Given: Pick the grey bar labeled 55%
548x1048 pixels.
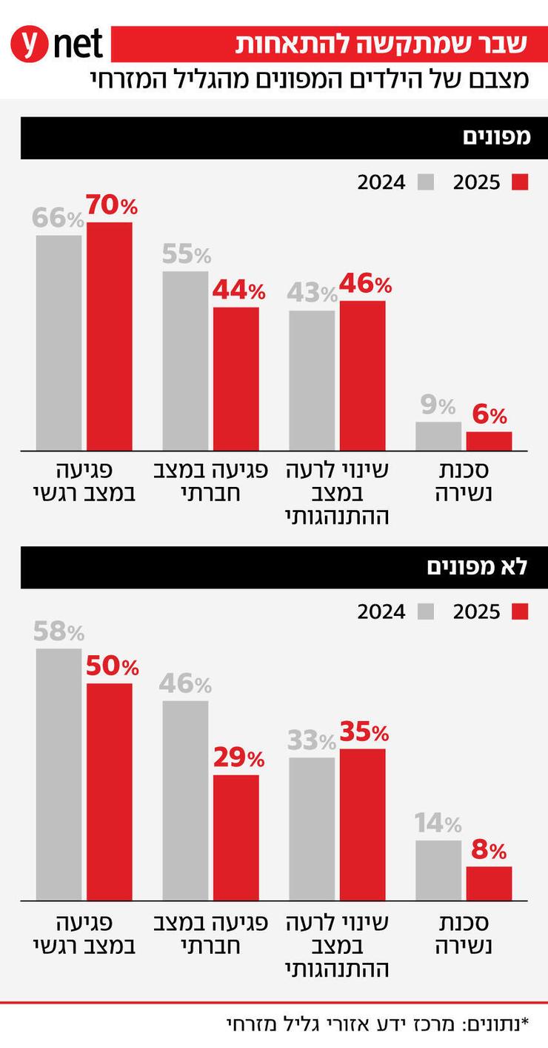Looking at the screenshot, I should click(x=185, y=360).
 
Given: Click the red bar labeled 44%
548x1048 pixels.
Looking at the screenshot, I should click(x=236, y=378).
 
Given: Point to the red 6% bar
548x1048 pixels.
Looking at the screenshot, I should click(x=489, y=441).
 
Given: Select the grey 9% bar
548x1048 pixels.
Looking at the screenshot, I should click(x=438, y=436).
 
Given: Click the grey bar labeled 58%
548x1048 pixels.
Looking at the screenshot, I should click(x=59, y=774).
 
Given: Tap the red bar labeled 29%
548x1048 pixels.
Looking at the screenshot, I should click(x=236, y=838).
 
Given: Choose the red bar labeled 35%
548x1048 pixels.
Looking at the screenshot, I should click(x=362, y=824).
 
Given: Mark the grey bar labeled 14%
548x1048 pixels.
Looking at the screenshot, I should click(x=438, y=870).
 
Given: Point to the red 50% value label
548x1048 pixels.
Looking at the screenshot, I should click(x=112, y=666).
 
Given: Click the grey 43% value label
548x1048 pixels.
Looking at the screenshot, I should click(x=312, y=293).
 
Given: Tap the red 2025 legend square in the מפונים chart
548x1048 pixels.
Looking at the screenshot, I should click(x=520, y=182).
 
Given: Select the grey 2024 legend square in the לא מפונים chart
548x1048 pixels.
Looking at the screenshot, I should click(x=425, y=611).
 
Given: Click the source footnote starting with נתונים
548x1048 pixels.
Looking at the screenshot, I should click(x=378, y=1024).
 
